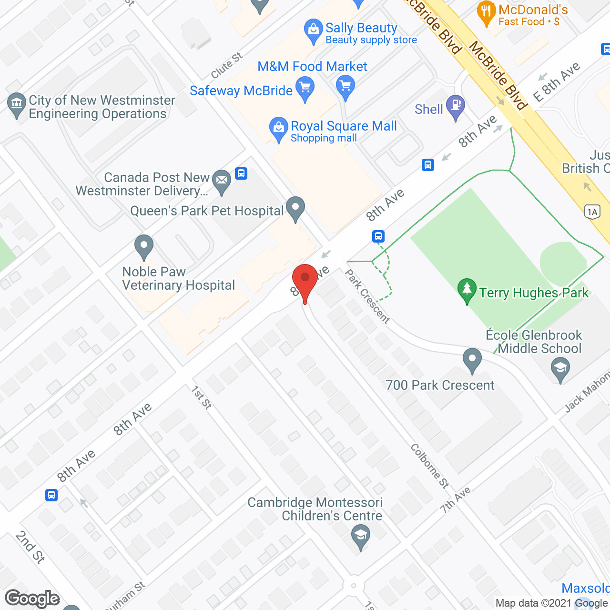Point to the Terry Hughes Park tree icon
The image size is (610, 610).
(x=467, y=289)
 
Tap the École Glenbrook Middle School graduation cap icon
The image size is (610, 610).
(x=560, y=368)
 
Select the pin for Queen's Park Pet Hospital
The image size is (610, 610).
(x=295, y=208)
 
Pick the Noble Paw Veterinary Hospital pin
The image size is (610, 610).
(x=143, y=246)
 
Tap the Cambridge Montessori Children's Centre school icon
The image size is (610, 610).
(x=361, y=535)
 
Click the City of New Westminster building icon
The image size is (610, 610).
(x=17, y=103)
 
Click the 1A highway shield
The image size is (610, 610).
(x=592, y=212)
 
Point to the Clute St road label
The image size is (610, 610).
(x=227, y=66)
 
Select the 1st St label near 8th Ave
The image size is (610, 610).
(x=202, y=397)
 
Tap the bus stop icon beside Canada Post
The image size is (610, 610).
(x=241, y=173)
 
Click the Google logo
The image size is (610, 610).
(x=32, y=599)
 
